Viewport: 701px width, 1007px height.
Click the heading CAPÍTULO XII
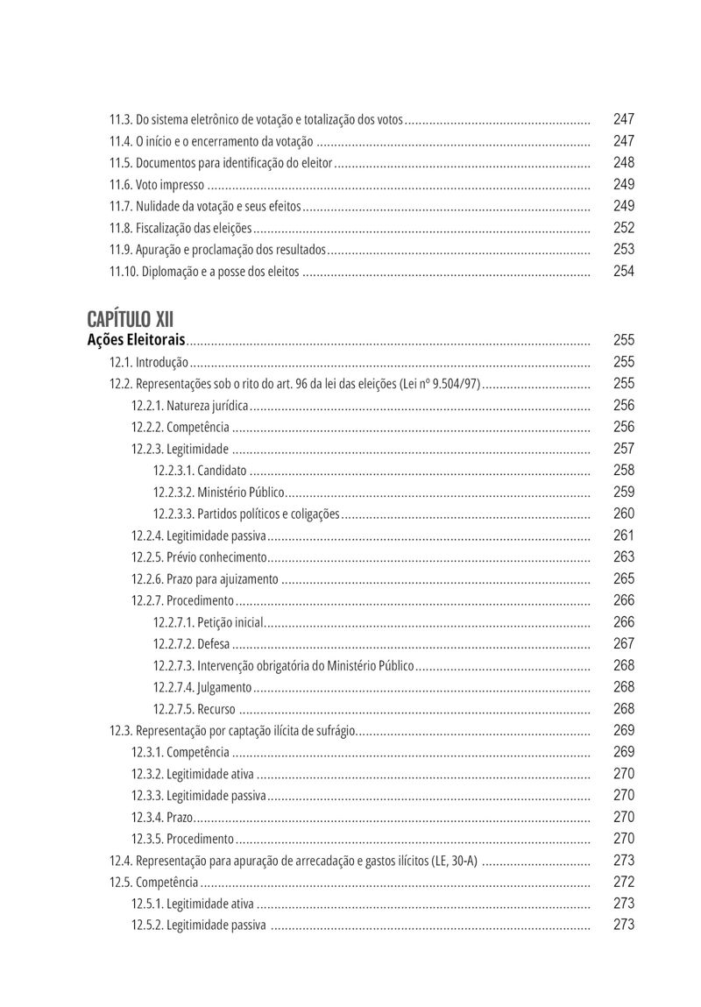131,318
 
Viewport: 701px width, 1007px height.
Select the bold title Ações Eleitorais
137,340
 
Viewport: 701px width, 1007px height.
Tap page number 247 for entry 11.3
624,119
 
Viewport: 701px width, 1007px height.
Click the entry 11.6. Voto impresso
157,185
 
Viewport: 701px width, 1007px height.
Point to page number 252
624,228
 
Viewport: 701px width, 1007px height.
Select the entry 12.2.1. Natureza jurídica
190,406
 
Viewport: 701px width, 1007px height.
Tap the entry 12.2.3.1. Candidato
200,471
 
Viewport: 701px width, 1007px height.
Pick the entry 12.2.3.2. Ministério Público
219,493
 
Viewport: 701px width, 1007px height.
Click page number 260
624,514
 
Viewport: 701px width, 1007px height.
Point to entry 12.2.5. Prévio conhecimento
199,557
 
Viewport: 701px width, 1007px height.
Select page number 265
624,579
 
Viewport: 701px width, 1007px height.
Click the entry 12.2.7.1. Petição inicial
209,622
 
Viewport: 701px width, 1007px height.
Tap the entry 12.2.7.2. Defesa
192,644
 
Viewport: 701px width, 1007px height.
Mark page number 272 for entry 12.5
624,883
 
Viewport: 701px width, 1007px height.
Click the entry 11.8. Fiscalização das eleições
181,228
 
